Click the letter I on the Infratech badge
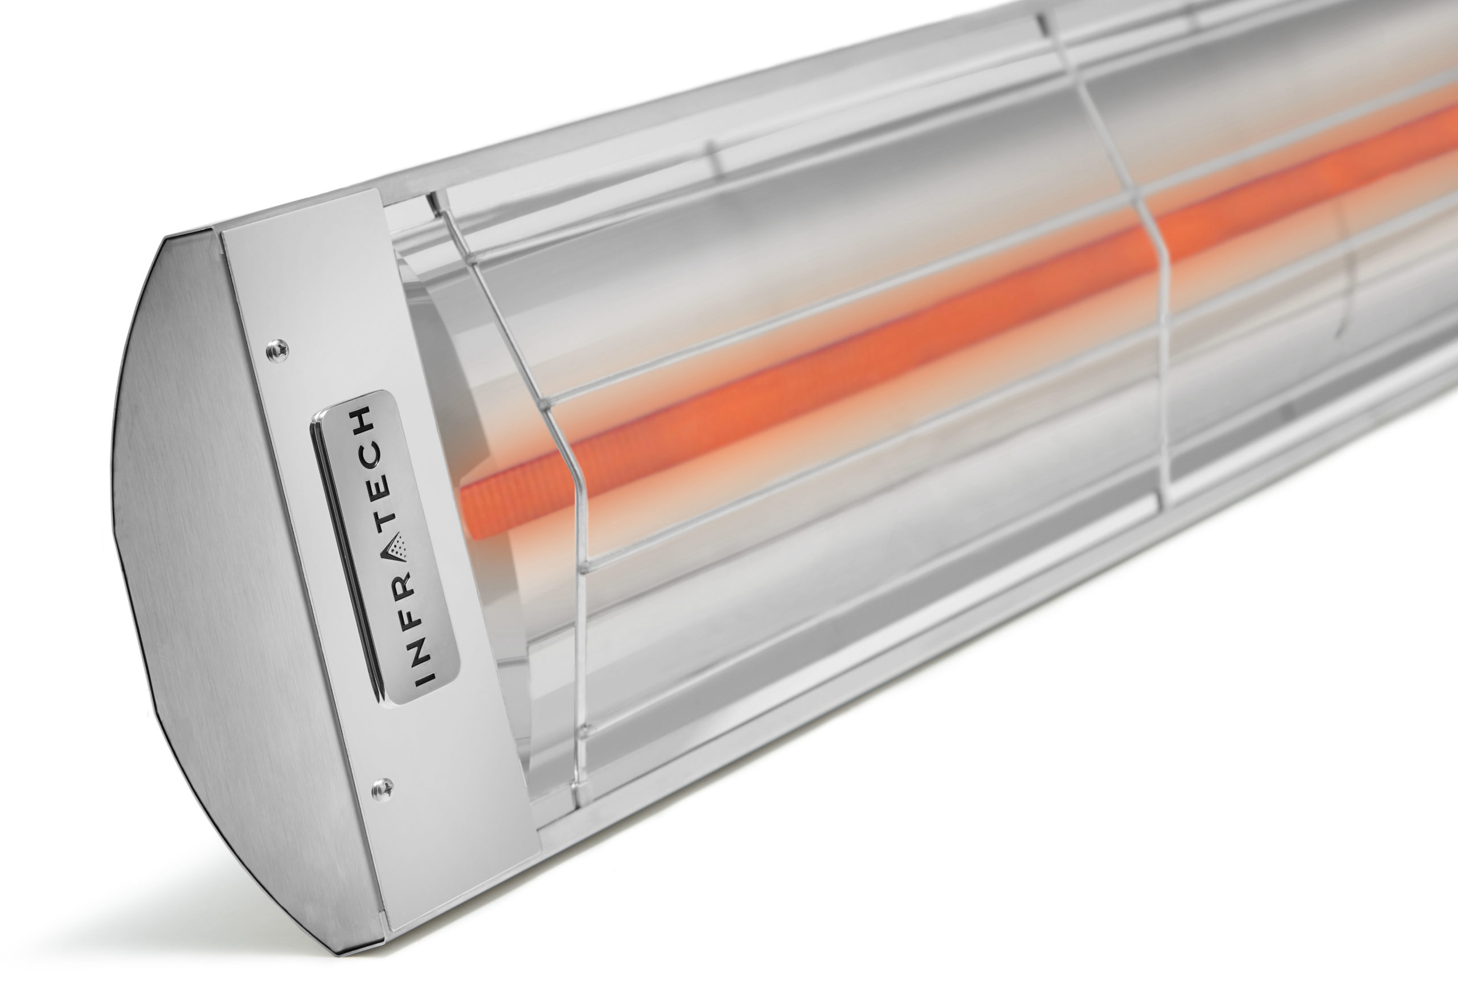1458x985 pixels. (425, 675)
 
